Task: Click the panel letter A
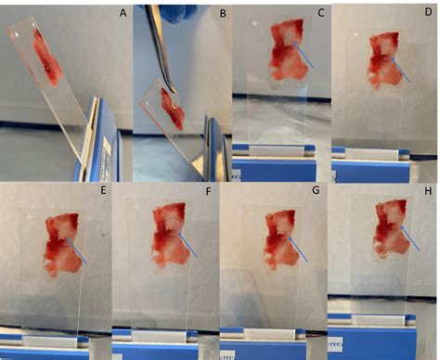tap(123, 13)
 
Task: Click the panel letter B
tap(223, 14)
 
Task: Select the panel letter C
tap(321, 13)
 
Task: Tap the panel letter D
tap(428, 12)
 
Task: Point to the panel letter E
tap(103, 190)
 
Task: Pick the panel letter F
tap(208, 192)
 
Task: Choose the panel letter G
tap(316, 190)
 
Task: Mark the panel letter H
tap(428, 191)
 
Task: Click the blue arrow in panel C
tap(304, 55)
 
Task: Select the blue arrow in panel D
tap(400, 70)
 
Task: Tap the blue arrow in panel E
tap(77, 252)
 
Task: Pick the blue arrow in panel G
tap(298, 250)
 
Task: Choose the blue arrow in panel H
tap(410, 238)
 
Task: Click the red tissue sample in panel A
tap(47, 58)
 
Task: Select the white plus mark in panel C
tap(254, 23)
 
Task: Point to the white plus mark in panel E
tap(30, 216)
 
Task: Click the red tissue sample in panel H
tap(391, 229)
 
